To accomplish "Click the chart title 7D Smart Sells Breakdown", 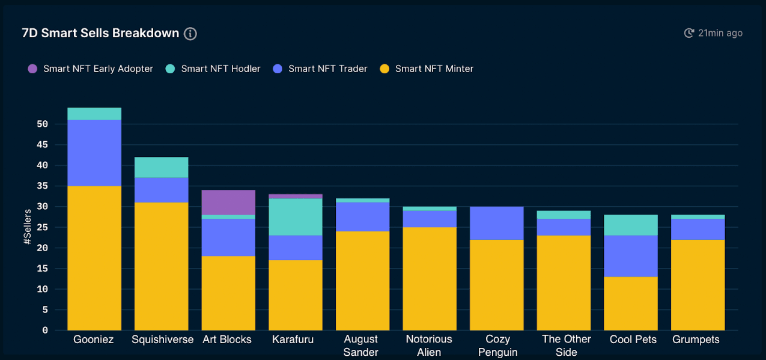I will click(x=100, y=33).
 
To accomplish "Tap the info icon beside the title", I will click(x=190, y=34).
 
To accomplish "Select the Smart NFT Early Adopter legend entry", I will click(x=91, y=69).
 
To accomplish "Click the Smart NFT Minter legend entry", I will click(x=427, y=69).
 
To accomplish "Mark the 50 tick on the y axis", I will click(x=42, y=124).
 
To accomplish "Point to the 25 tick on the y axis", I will click(x=42, y=227).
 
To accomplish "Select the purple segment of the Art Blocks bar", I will click(x=228, y=202).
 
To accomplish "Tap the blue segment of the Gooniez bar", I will click(x=94, y=153).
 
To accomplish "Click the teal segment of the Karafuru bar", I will click(x=296, y=216).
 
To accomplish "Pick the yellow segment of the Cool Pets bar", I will click(x=631, y=304).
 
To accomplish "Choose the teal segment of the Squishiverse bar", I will click(x=162, y=167).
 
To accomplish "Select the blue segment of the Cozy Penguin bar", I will click(x=497, y=223).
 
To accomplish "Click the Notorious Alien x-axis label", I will click(x=429, y=346).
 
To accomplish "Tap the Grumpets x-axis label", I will click(x=696, y=340).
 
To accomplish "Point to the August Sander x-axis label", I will click(x=361, y=346).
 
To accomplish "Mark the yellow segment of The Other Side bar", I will click(x=564, y=282).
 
